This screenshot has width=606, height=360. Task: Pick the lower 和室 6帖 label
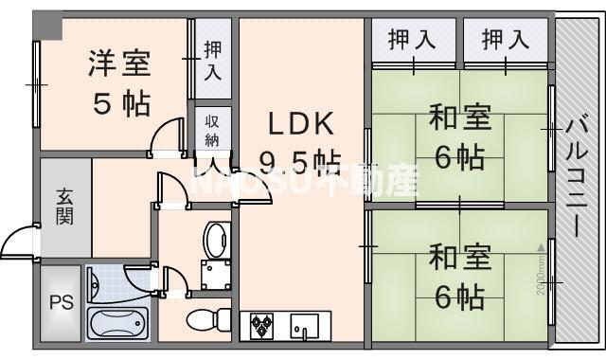(x=459, y=277)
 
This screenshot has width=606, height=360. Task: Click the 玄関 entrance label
(x=64, y=207)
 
